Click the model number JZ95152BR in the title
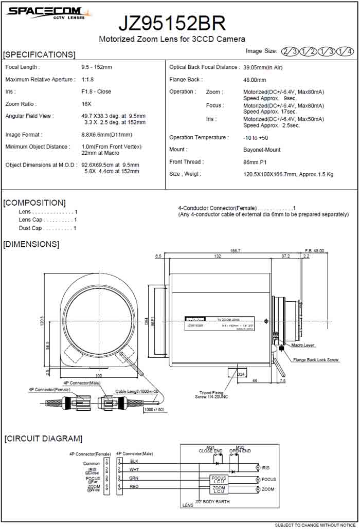point(172,23)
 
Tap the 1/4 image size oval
point(345,51)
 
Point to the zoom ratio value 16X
point(86,104)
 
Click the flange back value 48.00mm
point(254,80)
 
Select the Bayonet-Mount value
point(262,150)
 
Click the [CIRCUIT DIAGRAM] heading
point(43,439)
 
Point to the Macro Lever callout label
point(303,345)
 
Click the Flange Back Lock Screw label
point(316,360)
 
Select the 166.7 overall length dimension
point(235,250)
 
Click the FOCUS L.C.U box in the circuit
point(219,479)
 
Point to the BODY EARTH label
point(216,501)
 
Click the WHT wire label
point(134,469)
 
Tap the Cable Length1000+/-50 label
point(135,391)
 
